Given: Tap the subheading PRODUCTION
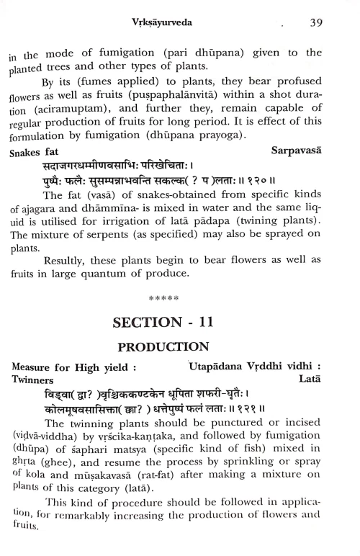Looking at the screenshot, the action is coord(178,348).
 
